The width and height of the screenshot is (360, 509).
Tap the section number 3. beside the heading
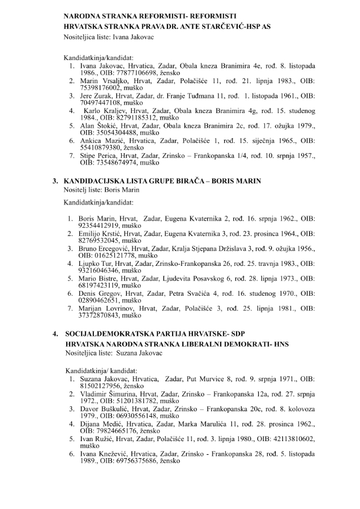[x=55, y=181]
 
